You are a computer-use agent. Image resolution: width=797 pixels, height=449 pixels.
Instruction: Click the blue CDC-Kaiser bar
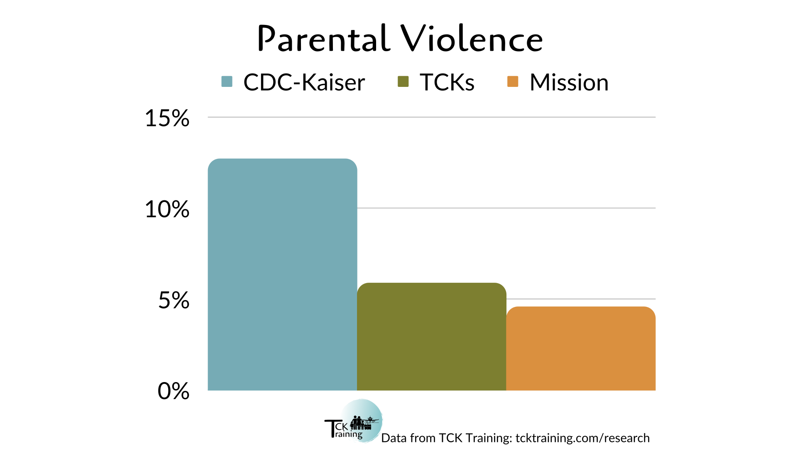pyautogui.click(x=282, y=274)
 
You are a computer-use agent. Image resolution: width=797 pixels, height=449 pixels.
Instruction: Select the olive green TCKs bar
pyautogui.click(x=432, y=336)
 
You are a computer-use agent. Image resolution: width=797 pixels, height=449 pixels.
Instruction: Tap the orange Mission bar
pyautogui.click(x=581, y=348)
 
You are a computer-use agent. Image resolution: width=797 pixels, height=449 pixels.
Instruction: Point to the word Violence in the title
pyautogui.click(x=472, y=39)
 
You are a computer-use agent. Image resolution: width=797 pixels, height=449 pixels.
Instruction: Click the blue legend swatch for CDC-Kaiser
pyautogui.click(x=227, y=81)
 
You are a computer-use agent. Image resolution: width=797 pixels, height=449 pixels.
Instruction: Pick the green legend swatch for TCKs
pyautogui.click(x=403, y=81)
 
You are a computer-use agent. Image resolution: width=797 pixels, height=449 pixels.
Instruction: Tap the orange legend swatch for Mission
pyautogui.click(x=513, y=81)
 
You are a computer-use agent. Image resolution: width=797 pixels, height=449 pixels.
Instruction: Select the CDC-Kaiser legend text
pyautogui.click(x=304, y=82)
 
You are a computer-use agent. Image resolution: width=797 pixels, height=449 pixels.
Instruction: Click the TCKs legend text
pyautogui.click(x=447, y=82)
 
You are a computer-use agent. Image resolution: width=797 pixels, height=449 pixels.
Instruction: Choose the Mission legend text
pyautogui.click(x=569, y=82)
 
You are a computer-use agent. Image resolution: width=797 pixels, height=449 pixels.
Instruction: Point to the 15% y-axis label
pyautogui.click(x=167, y=118)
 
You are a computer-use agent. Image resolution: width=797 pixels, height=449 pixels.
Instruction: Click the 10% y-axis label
pyautogui.click(x=167, y=209)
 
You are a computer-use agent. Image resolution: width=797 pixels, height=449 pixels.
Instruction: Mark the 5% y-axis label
pyautogui.click(x=174, y=300)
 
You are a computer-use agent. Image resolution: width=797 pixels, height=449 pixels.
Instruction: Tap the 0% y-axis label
pyautogui.click(x=174, y=391)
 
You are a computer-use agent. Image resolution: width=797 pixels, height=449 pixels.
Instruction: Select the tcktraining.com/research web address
pyautogui.click(x=582, y=438)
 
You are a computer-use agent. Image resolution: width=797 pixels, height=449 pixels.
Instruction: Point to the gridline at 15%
pyautogui.click(x=432, y=117)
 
